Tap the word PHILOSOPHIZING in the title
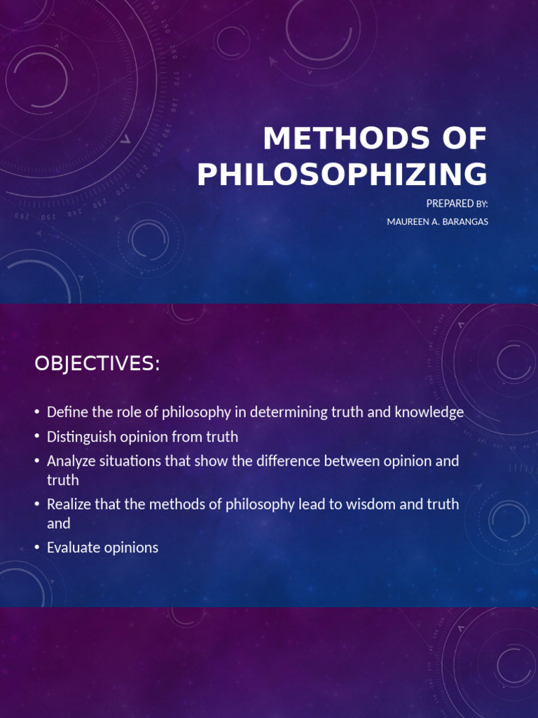(x=342, y=175)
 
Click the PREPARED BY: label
(x=457, y=203)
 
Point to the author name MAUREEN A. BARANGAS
(x=437, y=222)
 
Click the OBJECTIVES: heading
(x=97, y=364)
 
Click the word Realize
(x=68, y=504)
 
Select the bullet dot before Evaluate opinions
(x=37, y=548)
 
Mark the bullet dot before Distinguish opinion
(x=37, y=437)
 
